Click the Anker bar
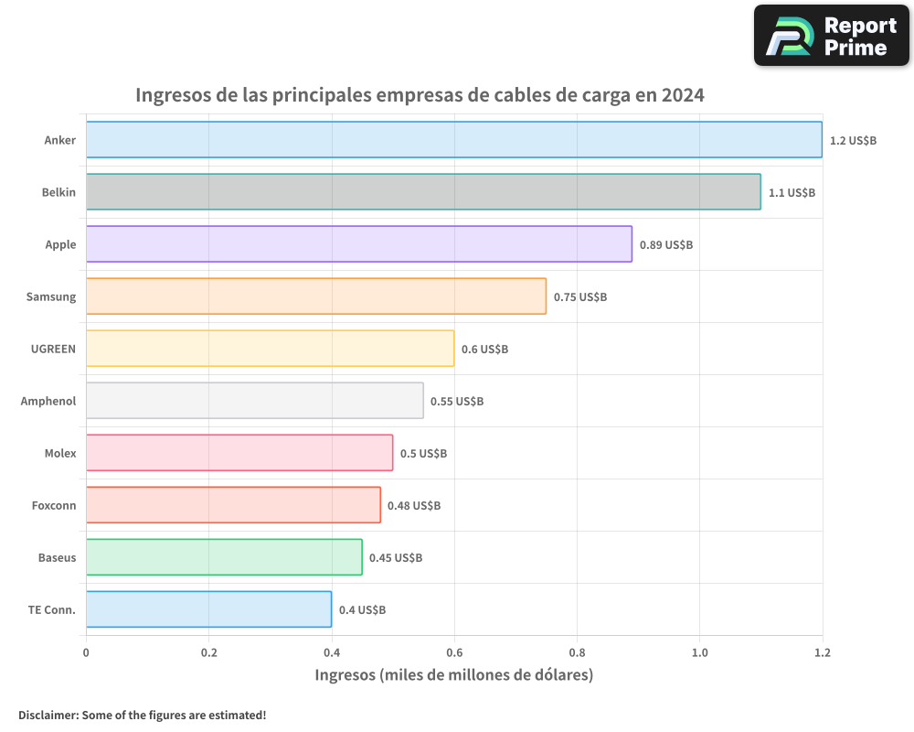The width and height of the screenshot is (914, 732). point(453,139)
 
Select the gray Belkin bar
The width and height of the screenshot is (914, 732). point(423,191)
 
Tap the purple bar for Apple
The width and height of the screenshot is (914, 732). point(358,243)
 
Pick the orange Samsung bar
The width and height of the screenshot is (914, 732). point(315,296)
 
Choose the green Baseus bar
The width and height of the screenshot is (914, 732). point(224,556)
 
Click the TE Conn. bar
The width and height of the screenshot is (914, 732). point(208,608)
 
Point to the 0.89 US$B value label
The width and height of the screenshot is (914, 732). point(665,244)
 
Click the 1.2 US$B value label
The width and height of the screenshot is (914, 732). point(853,140)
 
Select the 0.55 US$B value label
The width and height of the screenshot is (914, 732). point(457,401)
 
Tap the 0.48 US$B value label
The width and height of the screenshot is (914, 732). point(414,505)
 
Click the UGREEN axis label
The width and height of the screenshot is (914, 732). point(53,349)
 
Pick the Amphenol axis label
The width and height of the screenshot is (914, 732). point(48,401)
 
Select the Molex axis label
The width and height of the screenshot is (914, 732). point(60,453)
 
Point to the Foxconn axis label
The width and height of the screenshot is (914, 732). point(54,505)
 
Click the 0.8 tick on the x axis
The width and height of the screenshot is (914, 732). point(577,652)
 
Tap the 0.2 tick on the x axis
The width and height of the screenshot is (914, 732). point(208,652)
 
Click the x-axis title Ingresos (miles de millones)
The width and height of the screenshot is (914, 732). point(454,675)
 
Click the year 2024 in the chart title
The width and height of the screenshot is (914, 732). point(683,94)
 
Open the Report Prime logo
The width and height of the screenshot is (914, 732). point(832,36)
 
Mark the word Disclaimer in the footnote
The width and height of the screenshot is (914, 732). point(47,715)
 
